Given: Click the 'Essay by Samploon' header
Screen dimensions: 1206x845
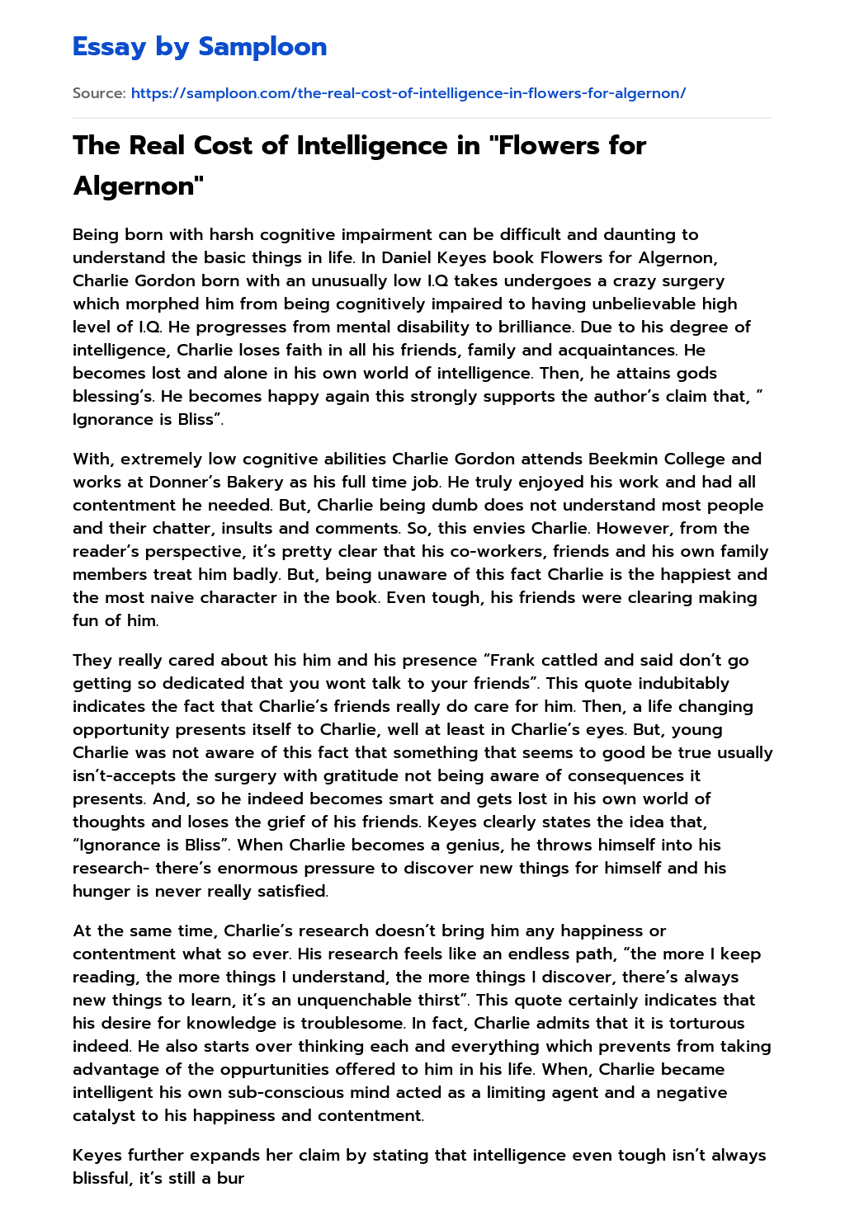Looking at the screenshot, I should point(200,47).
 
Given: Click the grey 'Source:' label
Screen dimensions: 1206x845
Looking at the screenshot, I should point(99,93).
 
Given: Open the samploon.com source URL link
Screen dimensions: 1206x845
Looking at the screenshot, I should point(408,93).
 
